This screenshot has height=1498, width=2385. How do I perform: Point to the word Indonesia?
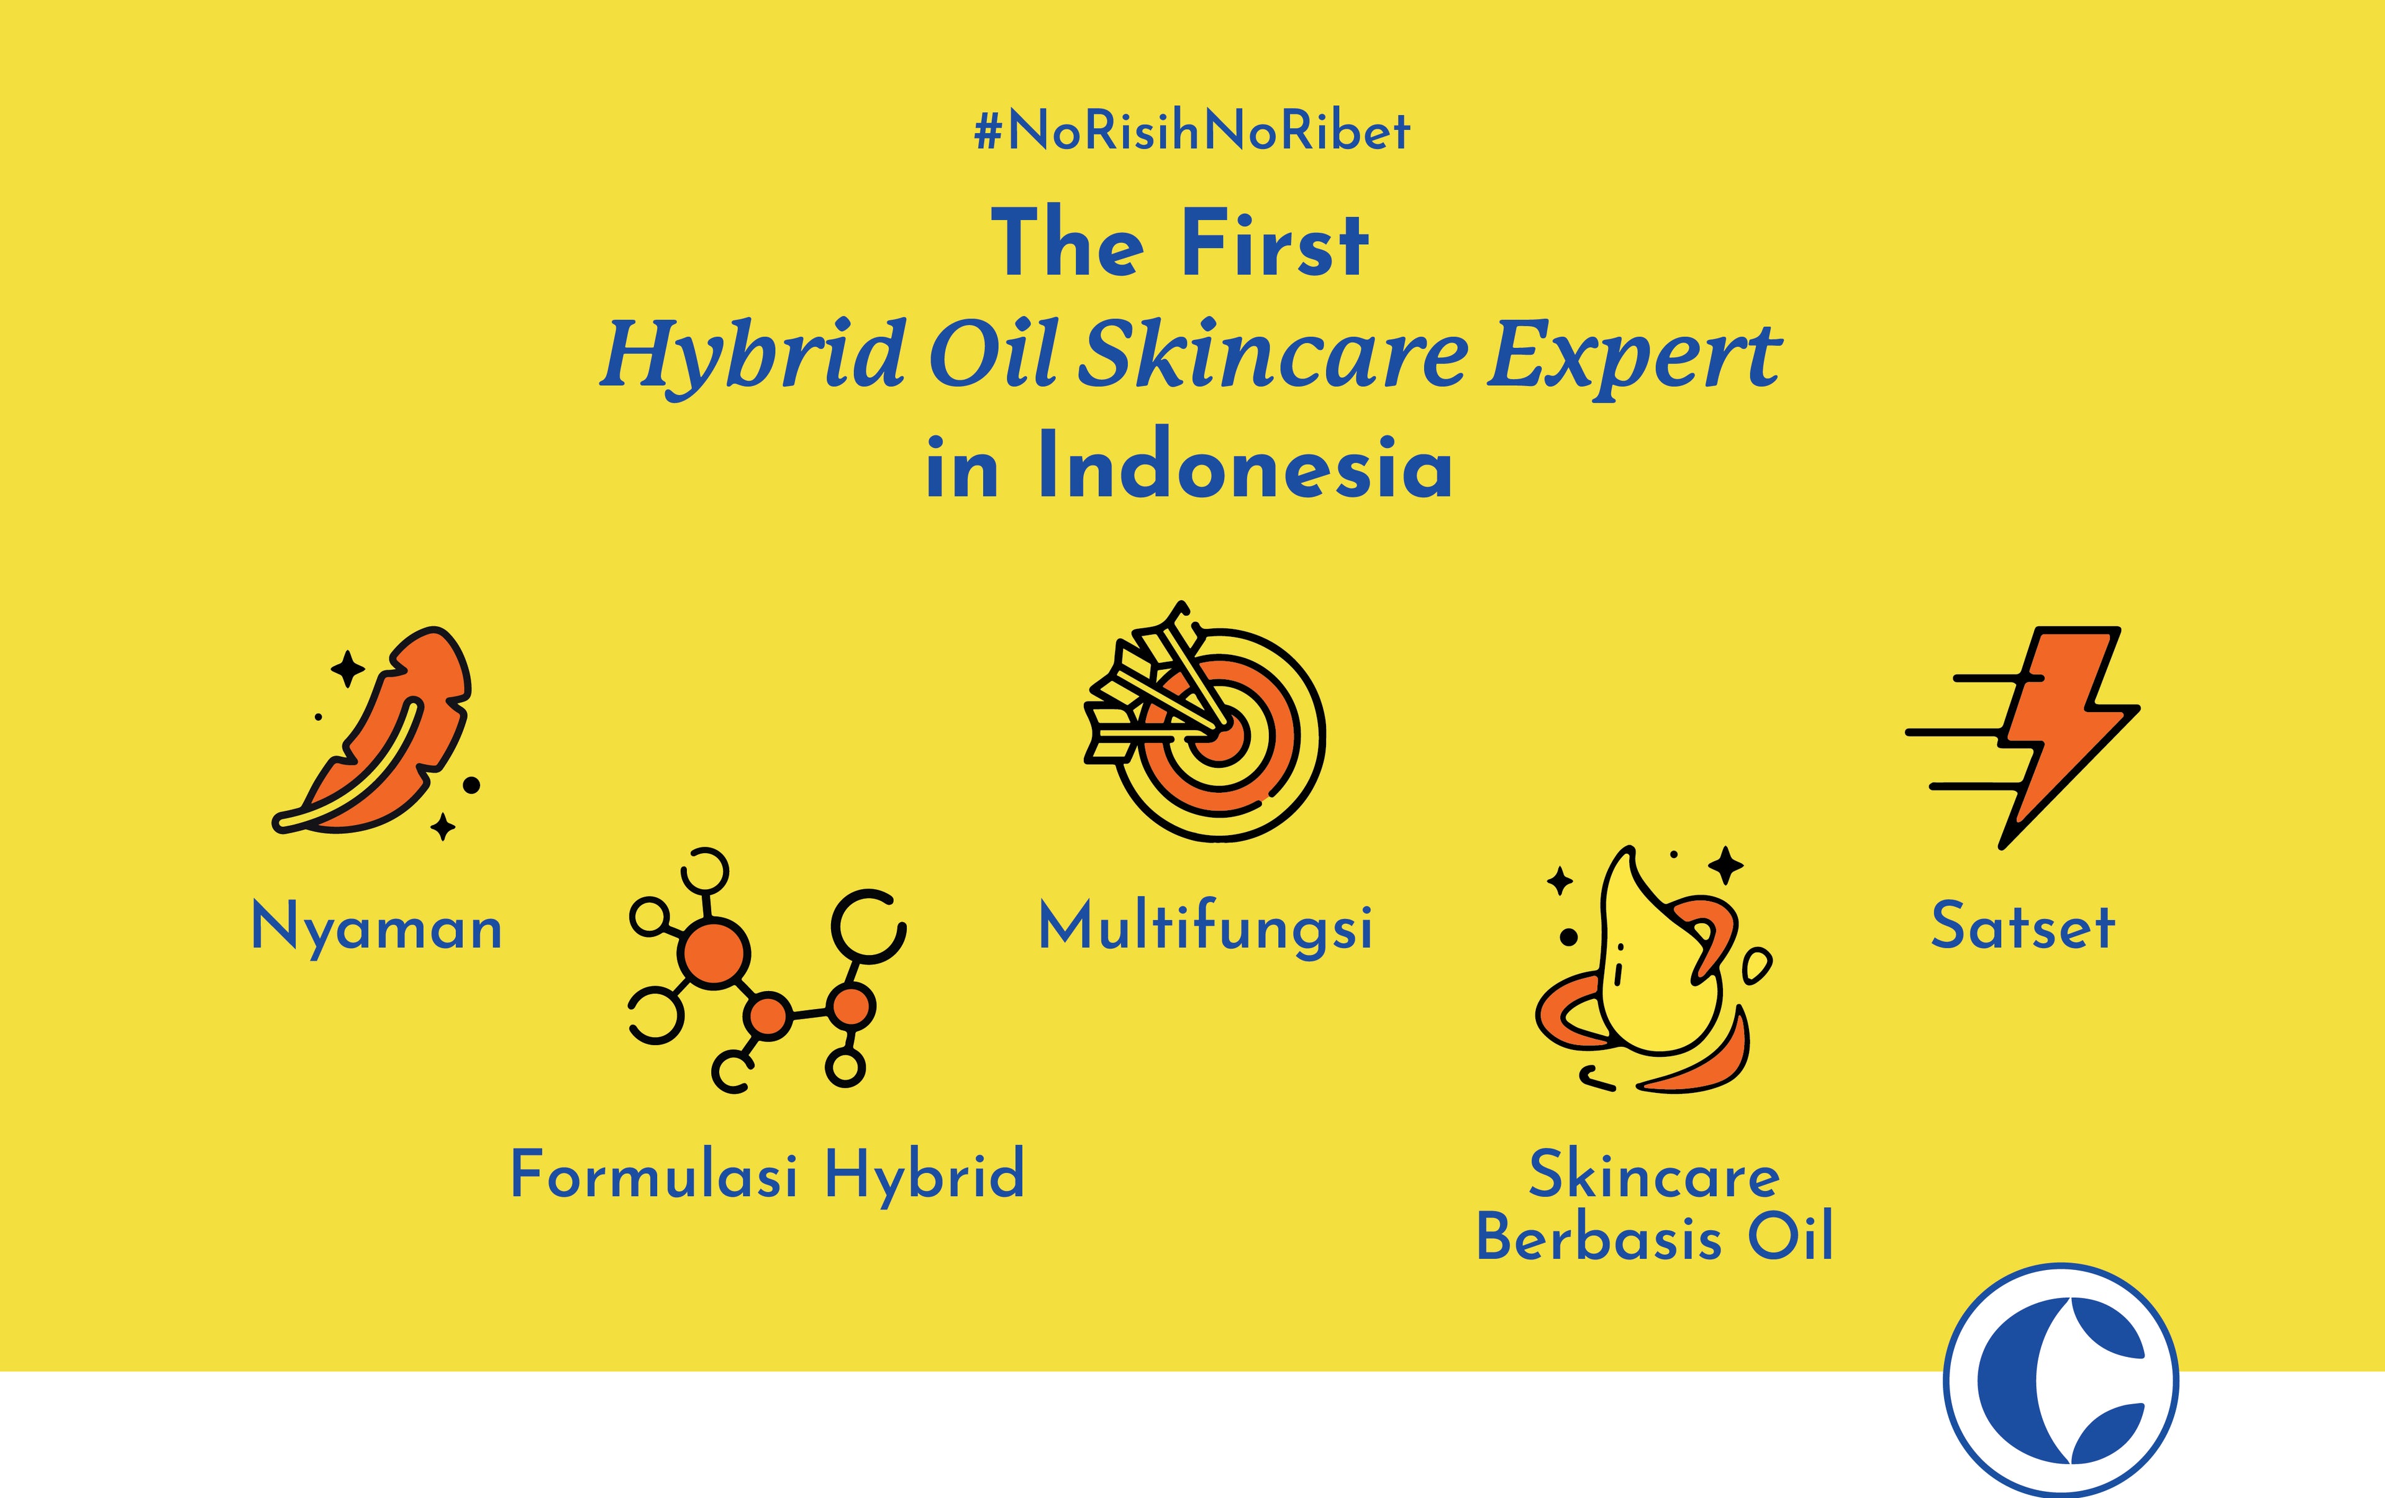coord(1245,465)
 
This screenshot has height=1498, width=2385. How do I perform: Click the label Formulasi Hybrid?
coord(768,1175)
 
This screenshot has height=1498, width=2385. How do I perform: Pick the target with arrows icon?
coord(1204,721)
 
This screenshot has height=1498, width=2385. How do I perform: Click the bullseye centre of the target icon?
coord(1220,734)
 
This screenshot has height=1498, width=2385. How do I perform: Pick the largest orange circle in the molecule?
coord(713,952)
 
